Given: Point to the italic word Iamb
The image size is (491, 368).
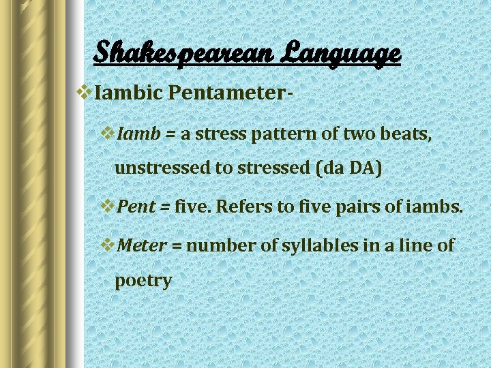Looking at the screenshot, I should tap(138, 134).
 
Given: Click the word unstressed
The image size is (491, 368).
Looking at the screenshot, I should tap(163, 168).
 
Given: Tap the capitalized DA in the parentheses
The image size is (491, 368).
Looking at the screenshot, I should tap(359, 168).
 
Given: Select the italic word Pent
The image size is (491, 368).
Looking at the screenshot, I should tap(136, 206).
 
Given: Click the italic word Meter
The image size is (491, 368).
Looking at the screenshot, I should tap(142, 245).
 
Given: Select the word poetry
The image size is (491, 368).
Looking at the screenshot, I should tap(143, 281).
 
